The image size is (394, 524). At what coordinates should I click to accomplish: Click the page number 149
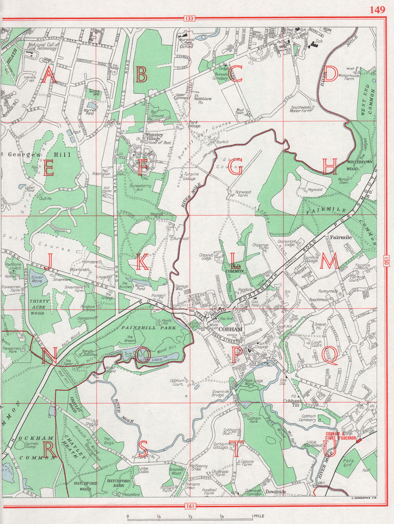click(x=377, y=10)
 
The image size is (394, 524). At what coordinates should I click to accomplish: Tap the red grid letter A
click(x=49, y=75)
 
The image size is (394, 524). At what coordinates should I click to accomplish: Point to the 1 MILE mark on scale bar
click(x=256, y=516)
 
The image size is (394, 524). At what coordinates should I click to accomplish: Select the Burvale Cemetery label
click(x=220, y=76)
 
